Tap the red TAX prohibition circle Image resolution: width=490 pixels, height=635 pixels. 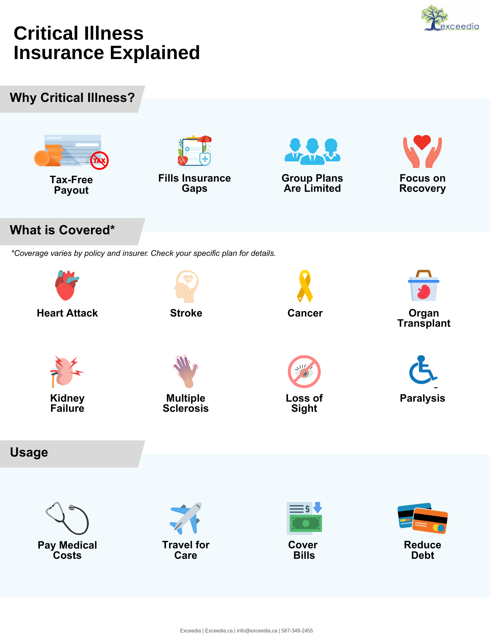(x=99, y=160)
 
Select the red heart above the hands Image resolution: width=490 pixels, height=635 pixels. (x=422, y=142)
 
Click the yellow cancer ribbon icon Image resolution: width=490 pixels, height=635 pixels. (x=305, y=286)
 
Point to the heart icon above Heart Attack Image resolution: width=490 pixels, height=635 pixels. (x=66, y=285)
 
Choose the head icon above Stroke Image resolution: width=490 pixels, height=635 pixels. (x=186, y=286)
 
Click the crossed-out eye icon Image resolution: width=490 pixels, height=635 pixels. (x=304, y=371)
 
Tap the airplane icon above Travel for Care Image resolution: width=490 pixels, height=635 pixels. (x=186, y=518)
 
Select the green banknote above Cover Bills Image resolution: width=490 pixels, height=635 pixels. (x=306, y=523)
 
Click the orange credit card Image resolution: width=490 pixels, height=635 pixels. (x=430, y=521)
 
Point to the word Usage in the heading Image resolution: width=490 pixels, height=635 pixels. (x=29, y=452)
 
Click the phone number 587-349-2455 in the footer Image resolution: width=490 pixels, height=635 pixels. (x=297, y=631)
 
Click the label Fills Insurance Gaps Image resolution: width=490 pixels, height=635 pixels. (x=194, y=183)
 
